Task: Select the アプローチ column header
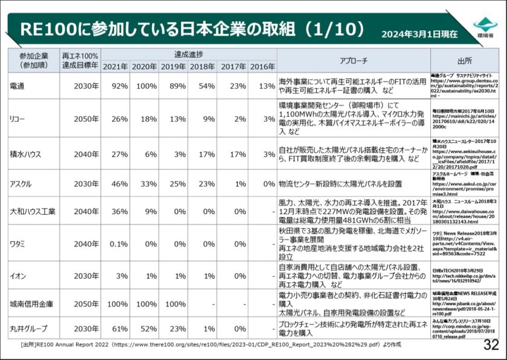click(x=353, y=60)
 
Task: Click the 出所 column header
click(x=464, y=60)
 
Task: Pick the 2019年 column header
click(x=173, y=66)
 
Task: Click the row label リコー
click(x=18, y=119)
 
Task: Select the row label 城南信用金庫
click(x=31, y=305)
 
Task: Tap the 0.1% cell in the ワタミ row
click(x=118, y=244)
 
